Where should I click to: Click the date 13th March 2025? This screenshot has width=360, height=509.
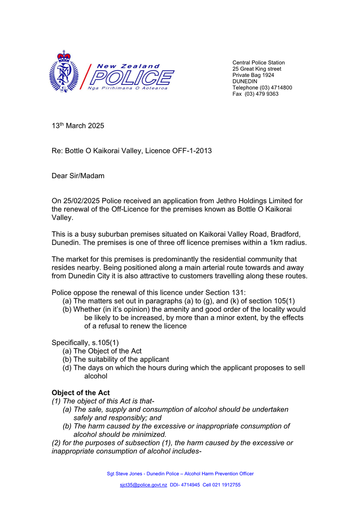(x=78, y=126)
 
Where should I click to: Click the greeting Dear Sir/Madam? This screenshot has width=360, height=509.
(x=78, y=176)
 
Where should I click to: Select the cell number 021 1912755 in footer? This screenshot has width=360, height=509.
(x=227, y=485)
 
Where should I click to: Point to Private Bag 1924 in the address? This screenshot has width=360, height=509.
(x=253, y=75)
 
